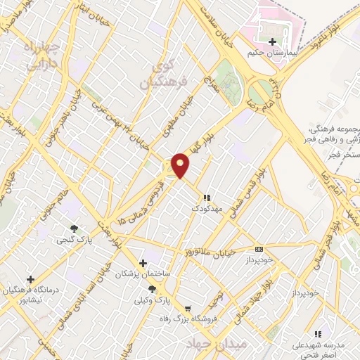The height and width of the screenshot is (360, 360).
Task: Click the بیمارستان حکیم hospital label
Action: click(x=274, y=53)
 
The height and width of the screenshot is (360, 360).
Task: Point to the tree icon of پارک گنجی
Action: click(x=74, y=229)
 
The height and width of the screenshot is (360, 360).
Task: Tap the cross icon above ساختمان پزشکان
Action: click(x=143, y=263)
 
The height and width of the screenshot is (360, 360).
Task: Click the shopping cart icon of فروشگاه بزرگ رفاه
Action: click(x=187, y=308)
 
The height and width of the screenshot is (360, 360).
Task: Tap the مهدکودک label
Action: click(x=207, y=208)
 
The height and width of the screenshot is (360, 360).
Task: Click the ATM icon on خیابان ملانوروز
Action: click(x=259, y=249)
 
